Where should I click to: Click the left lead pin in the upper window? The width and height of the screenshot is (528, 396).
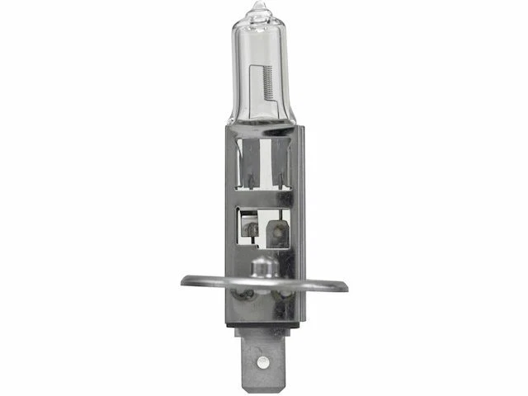(251, 177)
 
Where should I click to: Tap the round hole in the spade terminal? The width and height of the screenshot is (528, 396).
(262, 361)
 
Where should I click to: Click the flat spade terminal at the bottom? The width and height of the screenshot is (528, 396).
(262, 355)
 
